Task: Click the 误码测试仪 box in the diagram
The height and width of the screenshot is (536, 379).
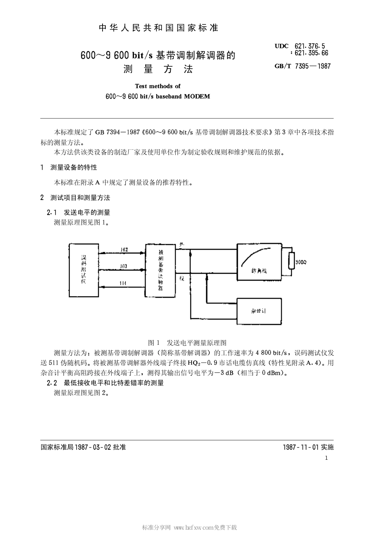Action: coord(83,269)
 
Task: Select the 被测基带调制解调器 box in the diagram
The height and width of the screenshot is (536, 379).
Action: coord(160,270)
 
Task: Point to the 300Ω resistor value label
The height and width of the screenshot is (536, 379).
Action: coord(301,262)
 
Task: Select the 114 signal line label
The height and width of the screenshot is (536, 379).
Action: coord(123,283)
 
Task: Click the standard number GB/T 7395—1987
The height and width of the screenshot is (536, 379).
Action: coord(302,66)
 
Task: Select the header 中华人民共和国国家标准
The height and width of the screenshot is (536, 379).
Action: coord(158,28)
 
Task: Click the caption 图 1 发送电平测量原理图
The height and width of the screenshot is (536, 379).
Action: coord(187,342)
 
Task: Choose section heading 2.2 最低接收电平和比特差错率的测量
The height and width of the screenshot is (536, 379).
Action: coord(105,383)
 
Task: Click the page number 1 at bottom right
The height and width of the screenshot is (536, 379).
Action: coord(326,458)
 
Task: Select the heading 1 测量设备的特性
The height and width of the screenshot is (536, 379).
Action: coord(69,167)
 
